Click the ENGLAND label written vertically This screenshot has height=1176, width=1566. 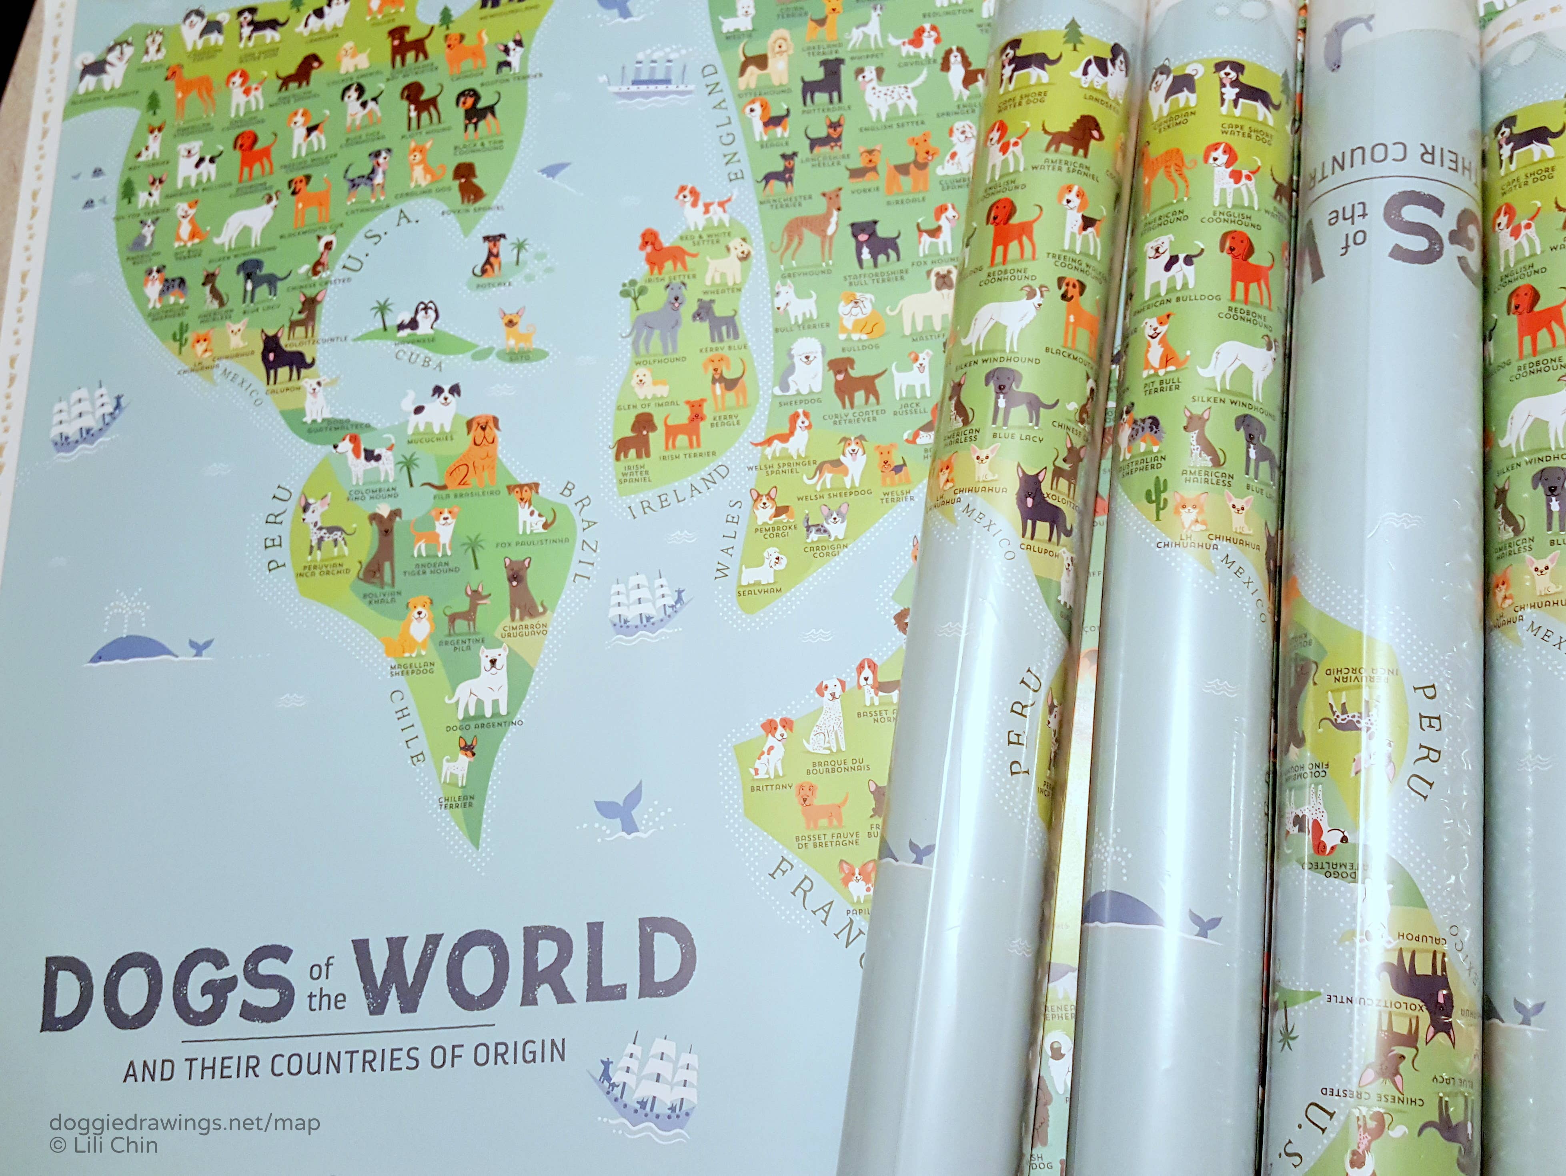point(723,120)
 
